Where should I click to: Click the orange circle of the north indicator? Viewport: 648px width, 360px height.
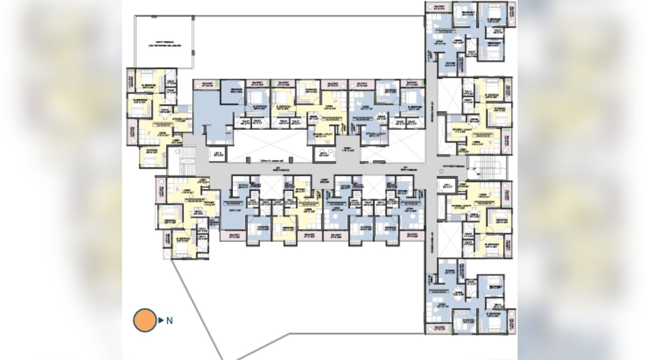click(145, 320)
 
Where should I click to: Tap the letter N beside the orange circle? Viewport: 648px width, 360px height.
click(169, 321)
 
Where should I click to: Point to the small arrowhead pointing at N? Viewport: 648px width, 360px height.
click(161, 320)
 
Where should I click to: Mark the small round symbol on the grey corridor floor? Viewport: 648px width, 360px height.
click(441, 171)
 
